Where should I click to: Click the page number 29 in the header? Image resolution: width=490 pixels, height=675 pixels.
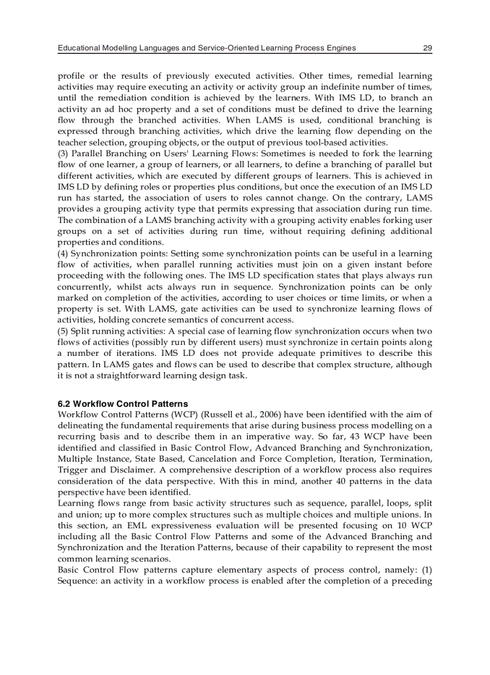coord(427,48)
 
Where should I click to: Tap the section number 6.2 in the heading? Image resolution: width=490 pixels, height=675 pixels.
coord(64,404)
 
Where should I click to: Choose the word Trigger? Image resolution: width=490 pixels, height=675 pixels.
coord(72,470)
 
